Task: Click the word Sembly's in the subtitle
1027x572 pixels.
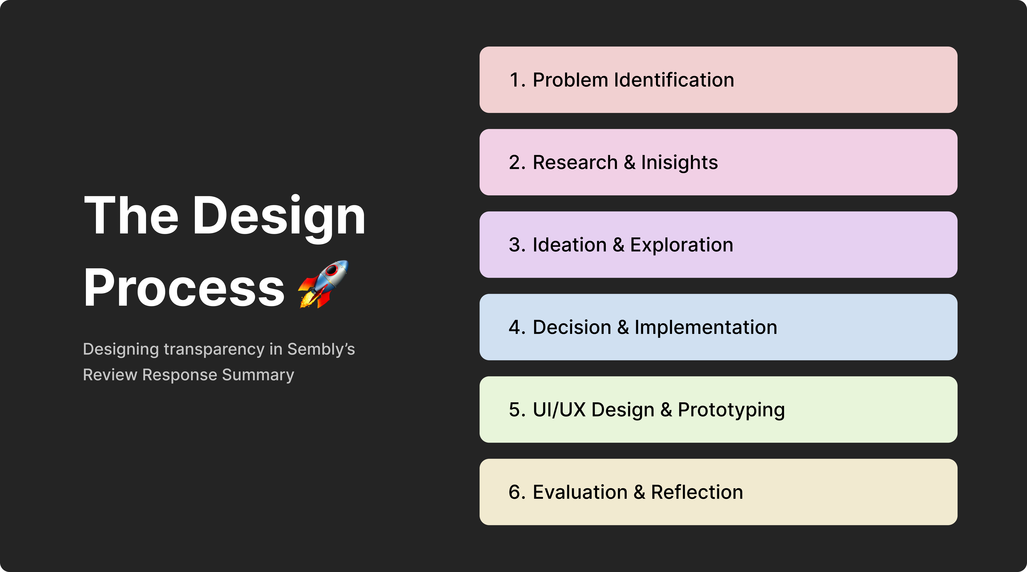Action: point(321,349)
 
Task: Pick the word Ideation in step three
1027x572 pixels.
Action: point(569,245)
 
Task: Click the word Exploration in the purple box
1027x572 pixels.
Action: point(681,245)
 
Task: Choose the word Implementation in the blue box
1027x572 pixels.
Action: point(706,327)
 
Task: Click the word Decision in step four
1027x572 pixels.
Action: point(572,327)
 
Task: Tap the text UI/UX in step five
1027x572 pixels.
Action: point(559,410)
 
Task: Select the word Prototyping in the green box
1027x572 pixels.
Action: point(731,410)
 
